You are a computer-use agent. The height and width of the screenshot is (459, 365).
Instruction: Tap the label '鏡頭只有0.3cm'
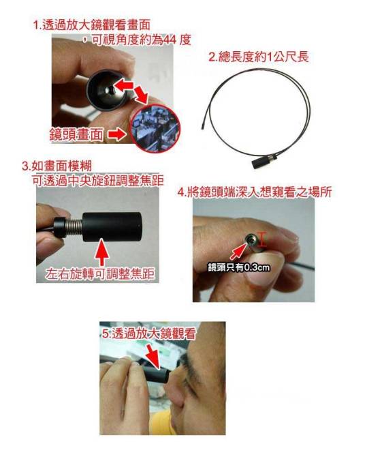[x=239, y=267]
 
